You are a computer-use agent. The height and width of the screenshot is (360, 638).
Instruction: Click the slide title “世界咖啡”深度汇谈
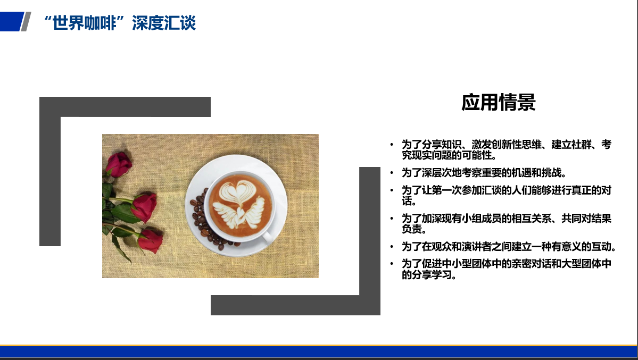[x=120, y=23]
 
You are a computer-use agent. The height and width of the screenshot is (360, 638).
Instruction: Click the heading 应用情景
[x=499, y=102]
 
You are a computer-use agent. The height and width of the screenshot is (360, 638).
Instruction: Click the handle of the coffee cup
[x=267, y=237]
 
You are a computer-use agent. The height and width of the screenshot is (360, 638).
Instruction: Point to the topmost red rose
[x=119, y=164]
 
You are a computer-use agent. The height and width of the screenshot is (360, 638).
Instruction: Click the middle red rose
[x=144, y=206]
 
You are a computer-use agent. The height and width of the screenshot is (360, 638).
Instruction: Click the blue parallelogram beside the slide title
[x=11, y=22]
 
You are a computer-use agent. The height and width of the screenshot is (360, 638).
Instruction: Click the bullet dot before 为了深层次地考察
[x=392, y=173]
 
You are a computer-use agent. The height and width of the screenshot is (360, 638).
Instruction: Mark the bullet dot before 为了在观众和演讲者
[x=392, y=247]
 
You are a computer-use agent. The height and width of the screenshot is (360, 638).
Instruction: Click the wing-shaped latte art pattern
[x=239, y=213]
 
